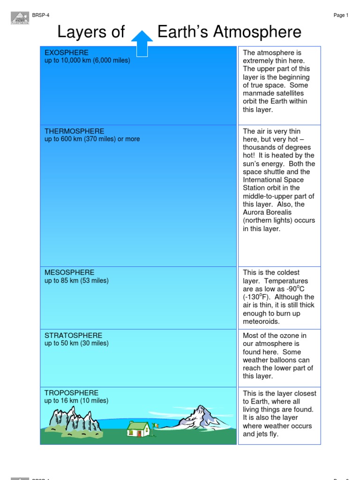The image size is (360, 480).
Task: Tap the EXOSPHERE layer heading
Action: coord(67,52)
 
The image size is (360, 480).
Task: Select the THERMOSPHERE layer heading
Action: coord(75,131)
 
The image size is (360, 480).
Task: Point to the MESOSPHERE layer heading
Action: coord(69,272)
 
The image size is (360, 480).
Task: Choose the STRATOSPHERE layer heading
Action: coord(73,335)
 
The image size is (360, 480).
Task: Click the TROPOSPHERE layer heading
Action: coord(71,393)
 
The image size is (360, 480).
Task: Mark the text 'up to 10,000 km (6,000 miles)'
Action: coord(87,60)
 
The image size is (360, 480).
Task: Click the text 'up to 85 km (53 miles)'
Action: coord(76,281)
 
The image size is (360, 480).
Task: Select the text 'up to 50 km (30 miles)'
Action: coord(76,343)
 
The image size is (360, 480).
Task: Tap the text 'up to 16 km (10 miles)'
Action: coord(76,401)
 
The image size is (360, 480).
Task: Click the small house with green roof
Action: coord(138,428)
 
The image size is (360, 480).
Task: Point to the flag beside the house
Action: coord(155,426)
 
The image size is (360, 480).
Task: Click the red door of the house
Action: coord(139,433)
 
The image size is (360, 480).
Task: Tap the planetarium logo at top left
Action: coord(20,18)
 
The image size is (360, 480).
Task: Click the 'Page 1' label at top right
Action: coord(341,15)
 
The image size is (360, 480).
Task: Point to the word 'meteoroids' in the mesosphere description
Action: coord(261,322)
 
